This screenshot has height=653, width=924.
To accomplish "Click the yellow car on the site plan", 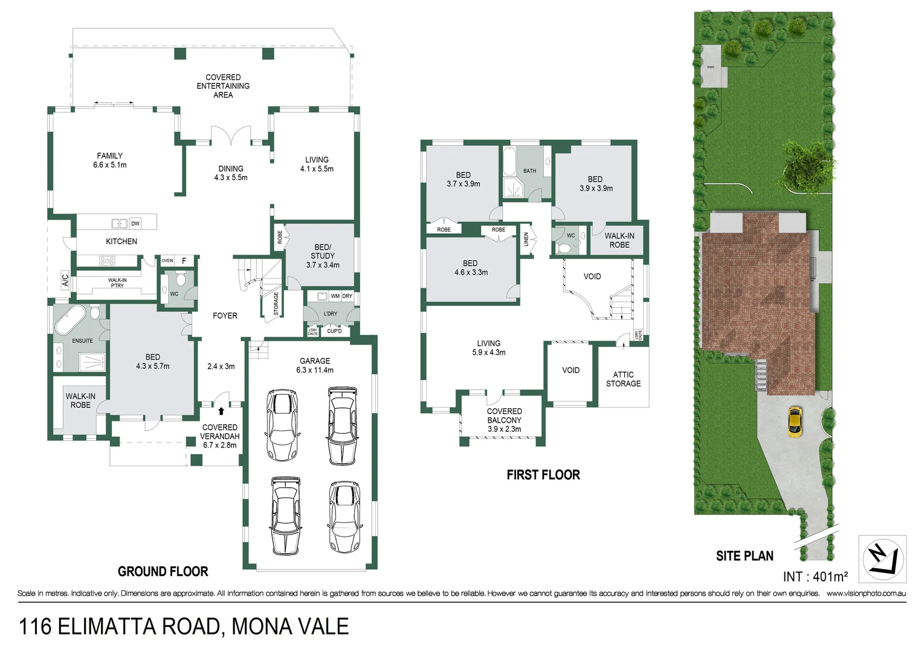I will [795, 421].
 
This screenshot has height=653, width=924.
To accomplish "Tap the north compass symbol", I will [882, 559].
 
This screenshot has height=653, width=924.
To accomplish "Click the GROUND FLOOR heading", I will [163, 571].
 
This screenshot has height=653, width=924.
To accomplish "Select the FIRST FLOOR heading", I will [543, 475].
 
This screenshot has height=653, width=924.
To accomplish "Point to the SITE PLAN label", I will [745, 556].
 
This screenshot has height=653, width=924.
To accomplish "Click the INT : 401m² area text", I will [815, 576].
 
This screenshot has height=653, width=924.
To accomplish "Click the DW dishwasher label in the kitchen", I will [135, 223].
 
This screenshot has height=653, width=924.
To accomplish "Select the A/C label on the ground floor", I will [65, 281].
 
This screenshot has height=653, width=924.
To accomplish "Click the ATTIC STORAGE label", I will [623, 379].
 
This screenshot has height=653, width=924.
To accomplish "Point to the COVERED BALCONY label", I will [504, 420].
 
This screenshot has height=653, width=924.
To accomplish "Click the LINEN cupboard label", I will [526, 239].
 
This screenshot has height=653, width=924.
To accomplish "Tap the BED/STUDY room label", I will [323, 256].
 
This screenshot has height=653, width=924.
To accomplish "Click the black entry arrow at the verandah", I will [221, 411].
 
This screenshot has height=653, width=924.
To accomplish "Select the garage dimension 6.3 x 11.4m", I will [315, 370].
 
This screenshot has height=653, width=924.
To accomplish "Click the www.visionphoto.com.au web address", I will [866, 594].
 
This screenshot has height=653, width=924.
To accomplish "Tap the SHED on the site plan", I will [711, 67].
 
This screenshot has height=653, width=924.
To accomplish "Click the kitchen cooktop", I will [107, 261].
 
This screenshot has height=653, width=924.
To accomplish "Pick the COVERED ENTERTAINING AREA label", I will [223, 86].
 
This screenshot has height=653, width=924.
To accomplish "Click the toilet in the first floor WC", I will [563, 247].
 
